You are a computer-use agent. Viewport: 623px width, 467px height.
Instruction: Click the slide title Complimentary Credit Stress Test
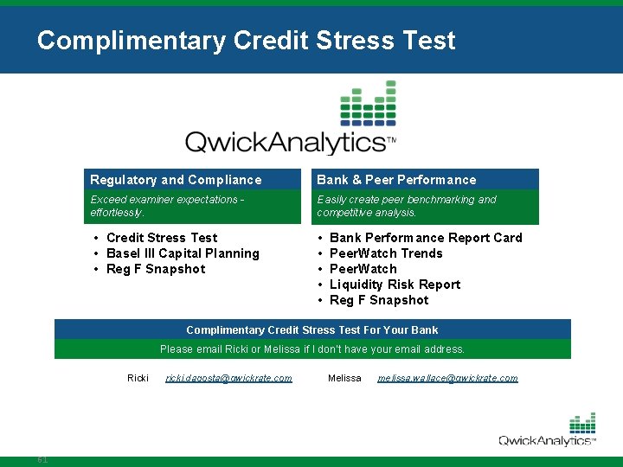click(x=246, y=41)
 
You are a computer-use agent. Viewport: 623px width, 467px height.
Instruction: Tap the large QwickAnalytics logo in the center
click(x=291, y=121)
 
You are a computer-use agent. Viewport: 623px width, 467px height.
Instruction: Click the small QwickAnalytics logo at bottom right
click(x=547, y=431)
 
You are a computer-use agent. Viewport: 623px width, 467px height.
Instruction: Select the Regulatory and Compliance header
click(x=176, y=180)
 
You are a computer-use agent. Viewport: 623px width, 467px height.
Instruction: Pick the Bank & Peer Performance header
click(x=396, y=180)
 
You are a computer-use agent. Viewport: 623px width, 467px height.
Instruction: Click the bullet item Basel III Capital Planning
click(x=183, y=253)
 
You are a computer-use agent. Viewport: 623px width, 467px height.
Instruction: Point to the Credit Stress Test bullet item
click(x=162, y=238)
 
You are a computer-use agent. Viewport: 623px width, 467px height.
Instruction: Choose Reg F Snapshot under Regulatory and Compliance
click(x=156, y=269)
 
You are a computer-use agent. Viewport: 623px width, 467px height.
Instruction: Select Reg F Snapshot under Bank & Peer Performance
click(x=379, y=300)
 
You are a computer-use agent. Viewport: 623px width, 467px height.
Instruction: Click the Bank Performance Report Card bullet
click(x=426, y=238)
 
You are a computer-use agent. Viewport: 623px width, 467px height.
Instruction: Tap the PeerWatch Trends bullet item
click(x=386, y=253)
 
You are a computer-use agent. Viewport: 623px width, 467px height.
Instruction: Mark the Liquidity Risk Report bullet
click(x=395, y=285)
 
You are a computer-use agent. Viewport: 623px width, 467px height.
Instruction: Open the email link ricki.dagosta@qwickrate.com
click(x=228, y=378)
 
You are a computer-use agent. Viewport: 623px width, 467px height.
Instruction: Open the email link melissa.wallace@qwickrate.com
click(x=447, y=378)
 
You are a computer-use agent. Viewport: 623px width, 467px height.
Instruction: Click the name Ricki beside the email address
click(x=138, y=378)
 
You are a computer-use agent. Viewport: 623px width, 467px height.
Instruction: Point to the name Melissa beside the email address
click(x=344, y=378)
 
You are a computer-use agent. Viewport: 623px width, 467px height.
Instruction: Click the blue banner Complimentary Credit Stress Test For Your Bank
click(x=312, y=329)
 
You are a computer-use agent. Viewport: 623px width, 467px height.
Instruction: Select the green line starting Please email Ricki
click(x=312, y=349)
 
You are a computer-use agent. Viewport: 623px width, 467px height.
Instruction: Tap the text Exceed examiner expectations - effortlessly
click(x=167, y=206)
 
